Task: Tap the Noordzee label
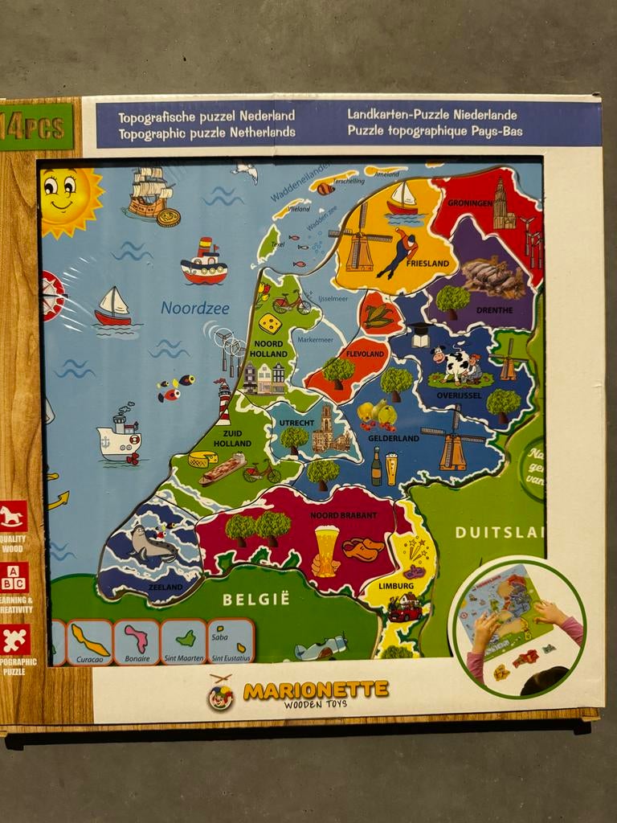pos(194,308)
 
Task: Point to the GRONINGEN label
pos(471,203)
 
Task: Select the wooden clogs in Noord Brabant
pos(363,549)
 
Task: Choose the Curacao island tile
pos(89,642)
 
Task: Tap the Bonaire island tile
pos(137,642)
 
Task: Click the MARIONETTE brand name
pos(316,690)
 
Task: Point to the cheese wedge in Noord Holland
pos(271,324)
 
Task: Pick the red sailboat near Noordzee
pos(112,307)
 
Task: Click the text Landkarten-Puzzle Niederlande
pos(432,115)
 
